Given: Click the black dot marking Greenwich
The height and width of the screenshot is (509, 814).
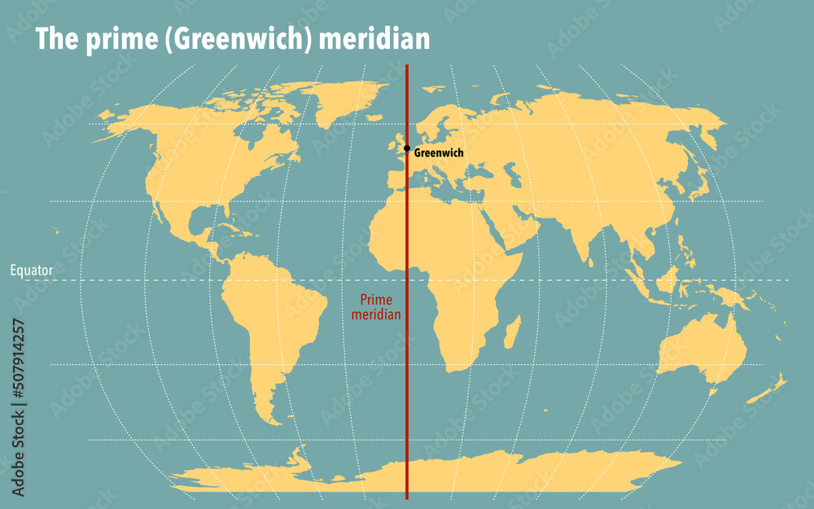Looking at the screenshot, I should pos(407,148).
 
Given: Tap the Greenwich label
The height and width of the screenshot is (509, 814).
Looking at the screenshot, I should pos(439,153).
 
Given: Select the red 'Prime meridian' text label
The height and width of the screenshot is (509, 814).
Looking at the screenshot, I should pos(375,307).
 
